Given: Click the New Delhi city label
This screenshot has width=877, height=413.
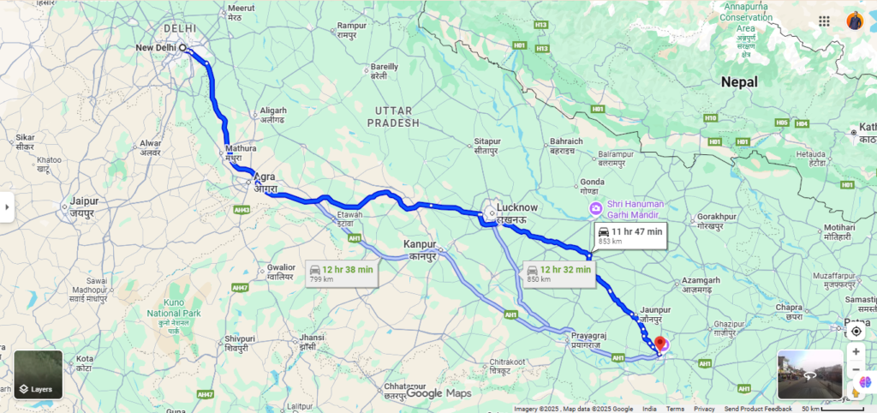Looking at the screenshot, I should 158,47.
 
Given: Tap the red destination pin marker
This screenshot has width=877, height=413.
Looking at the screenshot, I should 659,345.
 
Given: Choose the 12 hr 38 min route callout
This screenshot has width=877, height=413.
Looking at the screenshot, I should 342,273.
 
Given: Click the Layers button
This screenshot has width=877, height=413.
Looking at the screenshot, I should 38,375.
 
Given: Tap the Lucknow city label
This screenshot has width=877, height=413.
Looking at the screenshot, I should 517,207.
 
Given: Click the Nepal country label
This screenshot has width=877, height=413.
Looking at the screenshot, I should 739,82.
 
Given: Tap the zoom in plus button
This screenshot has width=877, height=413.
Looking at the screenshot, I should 856,351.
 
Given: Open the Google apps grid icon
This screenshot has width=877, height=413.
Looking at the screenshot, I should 824,21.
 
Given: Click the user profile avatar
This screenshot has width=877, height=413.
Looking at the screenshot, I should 855,21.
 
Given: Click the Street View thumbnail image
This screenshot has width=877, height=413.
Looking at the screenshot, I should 809,374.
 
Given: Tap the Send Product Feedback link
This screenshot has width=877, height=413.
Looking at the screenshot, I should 758,409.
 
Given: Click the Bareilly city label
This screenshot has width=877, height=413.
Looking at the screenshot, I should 384,67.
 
